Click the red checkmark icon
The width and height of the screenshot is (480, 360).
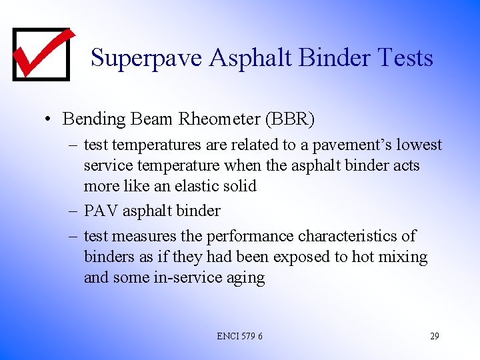coord(41,53)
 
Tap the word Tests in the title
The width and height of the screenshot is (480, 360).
coord(405,58)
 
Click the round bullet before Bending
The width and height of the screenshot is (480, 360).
coord(48,120)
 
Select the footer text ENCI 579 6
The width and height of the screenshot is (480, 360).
coord(239,336)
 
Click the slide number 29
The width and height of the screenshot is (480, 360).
coord(434,336)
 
